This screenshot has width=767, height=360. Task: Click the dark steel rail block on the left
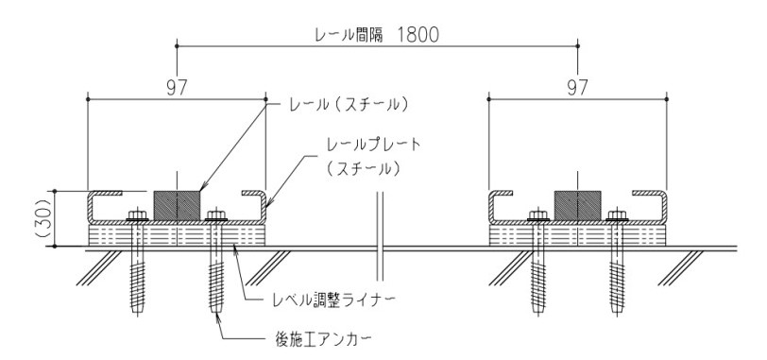[x=177, y=204]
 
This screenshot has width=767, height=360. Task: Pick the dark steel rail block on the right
[x=578, y=204]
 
